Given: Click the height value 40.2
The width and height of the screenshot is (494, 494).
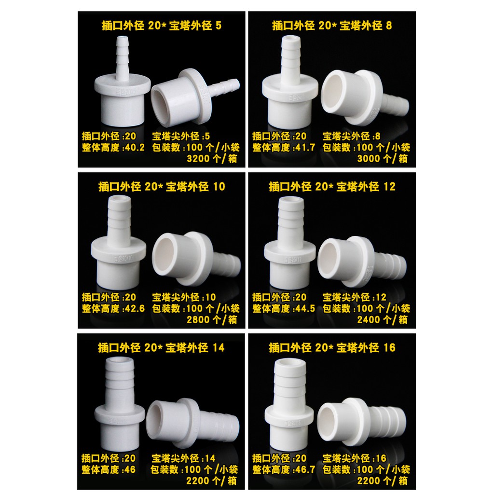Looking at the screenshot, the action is click(133, 148).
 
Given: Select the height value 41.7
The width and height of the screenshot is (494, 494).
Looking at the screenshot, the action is click(303, 148).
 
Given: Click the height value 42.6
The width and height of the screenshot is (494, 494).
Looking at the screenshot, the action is click(133, 308).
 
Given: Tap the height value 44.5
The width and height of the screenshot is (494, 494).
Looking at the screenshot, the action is click(303, 308).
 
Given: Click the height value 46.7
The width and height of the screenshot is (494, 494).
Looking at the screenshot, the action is click(303, 470).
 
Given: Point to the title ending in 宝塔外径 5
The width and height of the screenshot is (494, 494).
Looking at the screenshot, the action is click(162, 26).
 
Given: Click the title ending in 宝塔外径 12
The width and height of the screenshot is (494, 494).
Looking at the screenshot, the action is click(332, 187).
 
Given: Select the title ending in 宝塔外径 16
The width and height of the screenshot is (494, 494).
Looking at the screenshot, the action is click(332, 348).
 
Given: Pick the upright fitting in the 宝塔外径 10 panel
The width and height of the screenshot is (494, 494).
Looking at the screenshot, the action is click(119, 243).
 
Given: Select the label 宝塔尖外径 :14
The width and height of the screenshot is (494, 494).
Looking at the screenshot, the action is click(183, 458).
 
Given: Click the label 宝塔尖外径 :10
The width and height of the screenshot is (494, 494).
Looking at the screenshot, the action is click(184, 297).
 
